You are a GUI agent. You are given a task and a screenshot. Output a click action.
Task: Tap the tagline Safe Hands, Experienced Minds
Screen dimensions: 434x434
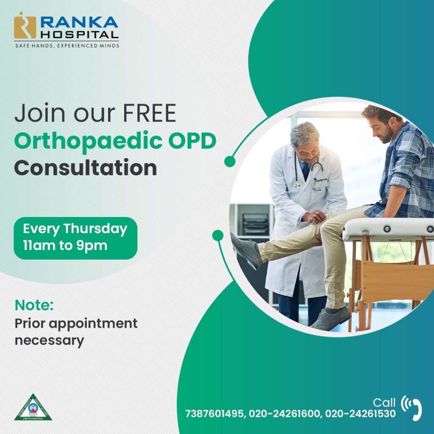(67, 45)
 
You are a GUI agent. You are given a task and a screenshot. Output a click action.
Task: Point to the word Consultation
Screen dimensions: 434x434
(86, 168)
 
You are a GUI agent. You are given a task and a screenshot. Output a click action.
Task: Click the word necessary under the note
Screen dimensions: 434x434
(49, 340)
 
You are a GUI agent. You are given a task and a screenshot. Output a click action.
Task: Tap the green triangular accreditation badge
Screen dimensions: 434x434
(33, 408)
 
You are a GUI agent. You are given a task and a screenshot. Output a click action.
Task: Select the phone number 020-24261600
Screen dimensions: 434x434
(284, 414)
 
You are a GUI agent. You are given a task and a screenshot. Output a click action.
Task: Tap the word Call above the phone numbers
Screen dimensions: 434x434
(384, 402)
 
